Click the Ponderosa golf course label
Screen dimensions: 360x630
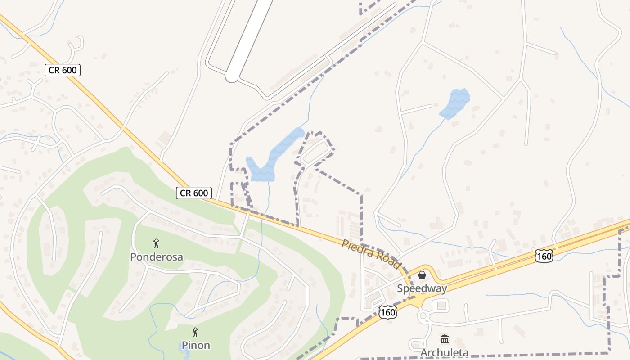click(156, 257)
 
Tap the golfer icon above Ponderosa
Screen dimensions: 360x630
click(156, 244)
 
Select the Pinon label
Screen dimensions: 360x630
click(196, 345)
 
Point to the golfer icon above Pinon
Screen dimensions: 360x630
click(195, 333)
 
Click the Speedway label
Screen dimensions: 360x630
click(422, 288)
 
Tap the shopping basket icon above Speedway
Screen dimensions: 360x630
click(422, 275)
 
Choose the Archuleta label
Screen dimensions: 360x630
click(444, 352)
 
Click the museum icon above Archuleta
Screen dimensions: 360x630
click(445, 339)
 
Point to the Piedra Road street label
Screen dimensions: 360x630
click(371, 254)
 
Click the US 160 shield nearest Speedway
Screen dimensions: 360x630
click(387, 312)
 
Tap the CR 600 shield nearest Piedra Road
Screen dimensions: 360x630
click(193, 193)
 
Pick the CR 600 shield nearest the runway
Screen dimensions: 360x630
click(63, 70)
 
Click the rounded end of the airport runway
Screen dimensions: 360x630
click(232, 77)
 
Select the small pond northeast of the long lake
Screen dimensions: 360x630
click(455, 103)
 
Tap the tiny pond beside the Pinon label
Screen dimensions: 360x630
click(184, 347)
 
